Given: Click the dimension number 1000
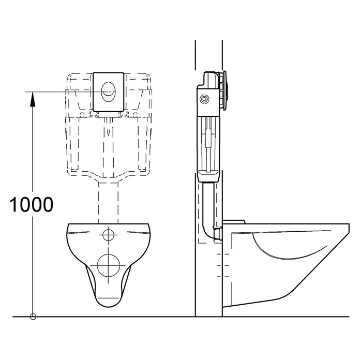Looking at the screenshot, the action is pyautogui.click(x=32, y=204).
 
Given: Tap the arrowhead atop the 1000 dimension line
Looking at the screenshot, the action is pyautogui.click(x=33, y=99).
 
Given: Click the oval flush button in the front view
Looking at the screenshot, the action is pyautogui.click(x=109, y=92).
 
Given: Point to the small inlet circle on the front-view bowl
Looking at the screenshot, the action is pyautogui.click(x=109, y=235).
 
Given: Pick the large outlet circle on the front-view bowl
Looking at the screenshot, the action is pyautogui.click(x=109, y=265).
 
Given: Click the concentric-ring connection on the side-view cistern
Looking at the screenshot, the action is pyautogui.click(x=204, y=99).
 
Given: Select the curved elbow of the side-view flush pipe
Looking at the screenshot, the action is pyautogui.click(x=208, y=232).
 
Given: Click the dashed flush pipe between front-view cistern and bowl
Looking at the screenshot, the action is pyautogui.click(x=109, y=202).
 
